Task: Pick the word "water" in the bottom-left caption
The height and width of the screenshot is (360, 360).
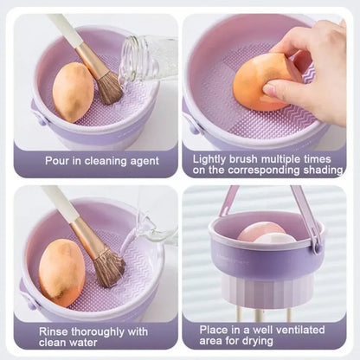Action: [x=83, y=343]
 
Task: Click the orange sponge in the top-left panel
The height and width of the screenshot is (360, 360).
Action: [x=73, y=93]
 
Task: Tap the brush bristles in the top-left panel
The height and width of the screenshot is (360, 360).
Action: [x=109, y=88]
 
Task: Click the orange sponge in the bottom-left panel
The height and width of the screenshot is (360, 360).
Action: [x=61, y=273]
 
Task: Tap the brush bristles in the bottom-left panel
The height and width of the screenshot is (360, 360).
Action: [x=110, y=267]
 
